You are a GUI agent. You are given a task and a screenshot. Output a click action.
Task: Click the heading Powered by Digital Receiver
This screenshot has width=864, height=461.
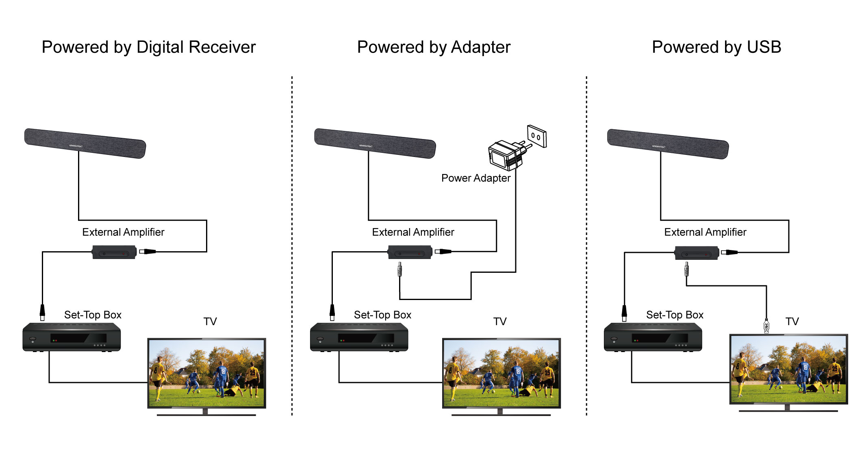(149, 47)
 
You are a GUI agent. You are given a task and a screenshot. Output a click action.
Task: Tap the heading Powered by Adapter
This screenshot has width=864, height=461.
(434, 47)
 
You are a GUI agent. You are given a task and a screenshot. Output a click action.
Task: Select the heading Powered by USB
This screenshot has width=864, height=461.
(716, 47)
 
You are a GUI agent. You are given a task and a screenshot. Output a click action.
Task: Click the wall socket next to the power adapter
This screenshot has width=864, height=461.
(536, 136)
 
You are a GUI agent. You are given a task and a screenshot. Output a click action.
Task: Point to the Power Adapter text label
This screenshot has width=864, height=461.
(475, 178)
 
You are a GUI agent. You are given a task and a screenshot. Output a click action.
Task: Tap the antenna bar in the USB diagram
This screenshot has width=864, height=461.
(668, 144)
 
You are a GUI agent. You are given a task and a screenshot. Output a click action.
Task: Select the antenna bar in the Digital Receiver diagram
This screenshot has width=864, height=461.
(85, 143)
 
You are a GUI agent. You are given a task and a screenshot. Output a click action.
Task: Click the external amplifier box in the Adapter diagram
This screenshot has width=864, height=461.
(410, 252)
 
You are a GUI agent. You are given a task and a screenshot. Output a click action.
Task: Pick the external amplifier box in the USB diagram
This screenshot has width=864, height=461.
(697, 253)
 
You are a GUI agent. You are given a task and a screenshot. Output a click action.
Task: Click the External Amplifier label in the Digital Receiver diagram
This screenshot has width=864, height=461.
(123, 232)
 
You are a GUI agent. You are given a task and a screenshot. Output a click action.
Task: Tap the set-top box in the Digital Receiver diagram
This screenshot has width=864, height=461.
(72, 337)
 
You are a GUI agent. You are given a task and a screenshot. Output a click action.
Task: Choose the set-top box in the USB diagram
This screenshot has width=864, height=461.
(653, 337)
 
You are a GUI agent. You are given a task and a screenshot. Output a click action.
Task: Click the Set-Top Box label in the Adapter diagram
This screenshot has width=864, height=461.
(382, 315)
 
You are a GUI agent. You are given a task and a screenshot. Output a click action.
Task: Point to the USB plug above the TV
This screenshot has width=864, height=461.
(766, 326)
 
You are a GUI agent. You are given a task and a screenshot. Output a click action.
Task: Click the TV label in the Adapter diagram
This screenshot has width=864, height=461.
(500, 322)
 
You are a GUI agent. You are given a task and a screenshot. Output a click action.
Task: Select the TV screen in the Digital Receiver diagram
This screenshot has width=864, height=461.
(206, 373)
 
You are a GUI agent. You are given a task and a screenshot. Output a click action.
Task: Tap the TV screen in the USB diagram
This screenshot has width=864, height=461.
(788, 369)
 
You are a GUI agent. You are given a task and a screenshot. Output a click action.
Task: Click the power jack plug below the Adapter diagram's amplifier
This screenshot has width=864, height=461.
(400, 269)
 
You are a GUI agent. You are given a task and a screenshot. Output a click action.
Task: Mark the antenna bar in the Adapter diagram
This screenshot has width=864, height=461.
(375, 143)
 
